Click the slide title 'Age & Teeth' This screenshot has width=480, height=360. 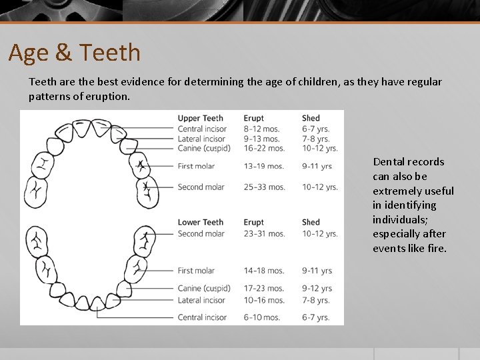tap(75, 53)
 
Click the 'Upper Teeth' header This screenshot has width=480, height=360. tap(200, 119)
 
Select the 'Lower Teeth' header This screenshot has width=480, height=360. tap(200, 222)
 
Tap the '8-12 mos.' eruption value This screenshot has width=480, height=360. tap(264, 129)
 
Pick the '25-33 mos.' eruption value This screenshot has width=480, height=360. tap(265, 187)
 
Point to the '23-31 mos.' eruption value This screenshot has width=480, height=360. tap(265, 233)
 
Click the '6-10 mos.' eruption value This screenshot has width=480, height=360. tap(262, 317)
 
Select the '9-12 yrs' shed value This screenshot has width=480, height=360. tap(317, 289)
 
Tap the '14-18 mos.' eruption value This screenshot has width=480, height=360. tap(264, 271)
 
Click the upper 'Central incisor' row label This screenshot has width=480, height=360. tap(202, 129)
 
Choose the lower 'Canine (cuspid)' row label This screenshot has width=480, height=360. tap(204, 289)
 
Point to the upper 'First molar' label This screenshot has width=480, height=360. tap(196, 166)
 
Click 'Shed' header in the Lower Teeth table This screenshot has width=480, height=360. tap(311, 222)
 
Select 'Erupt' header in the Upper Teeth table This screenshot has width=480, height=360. tap(253, 119)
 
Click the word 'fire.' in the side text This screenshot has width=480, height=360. tap(436, 249)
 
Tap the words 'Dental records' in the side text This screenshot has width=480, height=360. tap(408, 162)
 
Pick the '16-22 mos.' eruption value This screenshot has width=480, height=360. tap(264, 148)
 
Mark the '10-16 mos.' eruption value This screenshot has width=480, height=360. tap(264, 300)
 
